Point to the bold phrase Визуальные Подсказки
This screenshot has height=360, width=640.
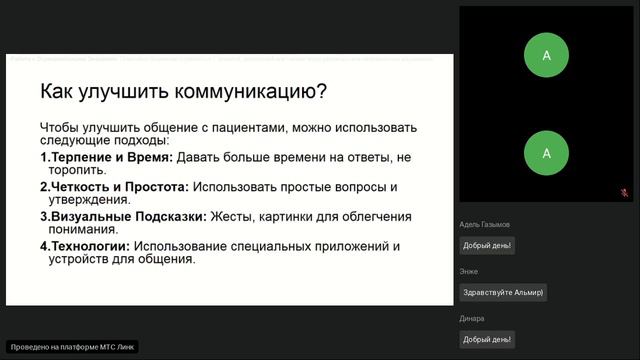(x=127, y=216)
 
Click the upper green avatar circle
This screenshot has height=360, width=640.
(x=546, y=57)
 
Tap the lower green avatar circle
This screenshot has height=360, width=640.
(x=546, y=153)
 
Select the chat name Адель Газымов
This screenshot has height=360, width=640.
(x=485, y=225)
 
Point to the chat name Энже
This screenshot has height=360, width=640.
(x=469, y=271)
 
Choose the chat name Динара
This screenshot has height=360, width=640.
(x=472, y=318)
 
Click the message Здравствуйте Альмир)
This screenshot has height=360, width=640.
(x=503, y=292)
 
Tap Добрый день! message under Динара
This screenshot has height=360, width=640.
(x=487, y=339)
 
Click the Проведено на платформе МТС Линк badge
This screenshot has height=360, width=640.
(x=72, y=347)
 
